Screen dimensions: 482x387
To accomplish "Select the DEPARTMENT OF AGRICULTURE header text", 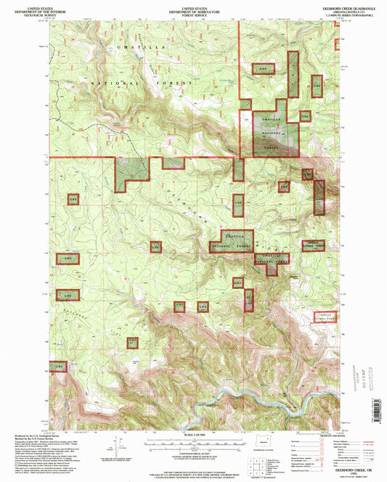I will pyautogui.click(x=192, y=8).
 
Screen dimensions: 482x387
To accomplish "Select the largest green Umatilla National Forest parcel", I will pyautogui.click(x=275, y=133).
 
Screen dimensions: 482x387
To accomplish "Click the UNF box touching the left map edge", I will pyautogui.click(x=60, y=367).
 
